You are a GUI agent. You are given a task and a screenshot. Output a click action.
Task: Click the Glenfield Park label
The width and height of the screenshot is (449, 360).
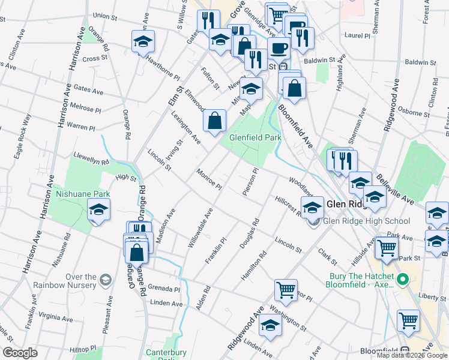255,137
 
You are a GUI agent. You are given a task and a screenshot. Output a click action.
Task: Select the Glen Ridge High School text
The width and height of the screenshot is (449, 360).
366,221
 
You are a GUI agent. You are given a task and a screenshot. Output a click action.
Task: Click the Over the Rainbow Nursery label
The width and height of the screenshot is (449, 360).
73,281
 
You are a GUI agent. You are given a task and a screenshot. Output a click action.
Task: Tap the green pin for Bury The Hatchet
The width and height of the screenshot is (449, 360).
403,279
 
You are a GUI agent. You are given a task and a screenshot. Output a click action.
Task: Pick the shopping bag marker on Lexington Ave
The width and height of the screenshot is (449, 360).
215,122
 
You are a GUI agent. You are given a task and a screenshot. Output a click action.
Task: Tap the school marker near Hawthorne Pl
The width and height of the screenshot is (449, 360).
143,43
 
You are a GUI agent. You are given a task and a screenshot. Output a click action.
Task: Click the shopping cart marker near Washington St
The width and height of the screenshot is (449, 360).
286,290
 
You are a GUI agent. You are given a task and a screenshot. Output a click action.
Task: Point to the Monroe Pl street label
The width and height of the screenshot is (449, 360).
209,179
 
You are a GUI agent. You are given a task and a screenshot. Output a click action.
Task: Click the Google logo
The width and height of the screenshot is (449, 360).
20,353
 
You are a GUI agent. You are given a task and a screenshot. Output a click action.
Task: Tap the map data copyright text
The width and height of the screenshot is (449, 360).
411,355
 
